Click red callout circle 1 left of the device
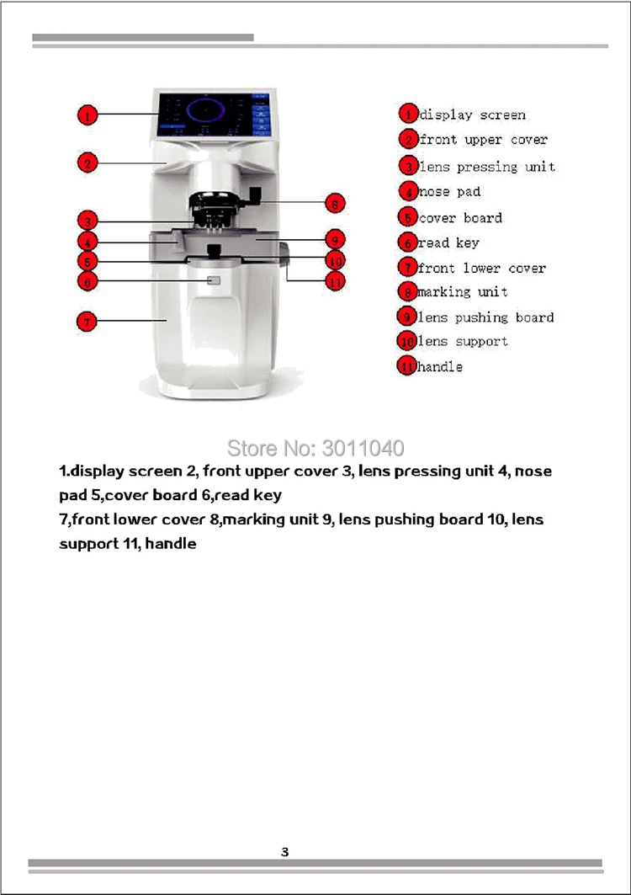(87, 115)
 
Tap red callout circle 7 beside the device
(87, 322)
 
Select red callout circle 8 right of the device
(335, 203)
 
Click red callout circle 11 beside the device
(335, 281)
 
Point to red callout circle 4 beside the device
(87, 242)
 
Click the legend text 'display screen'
(472, 115)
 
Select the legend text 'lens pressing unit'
(486, 167)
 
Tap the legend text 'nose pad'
(449, 192)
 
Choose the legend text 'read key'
(448, 242)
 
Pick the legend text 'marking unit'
(463, 292)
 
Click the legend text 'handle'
(440, 366)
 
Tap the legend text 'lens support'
(463, 341)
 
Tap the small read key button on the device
(214, 281)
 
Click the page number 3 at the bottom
(284, 852)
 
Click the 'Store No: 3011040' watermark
(315, 448)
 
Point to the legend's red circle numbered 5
(408, 217)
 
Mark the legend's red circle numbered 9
(406, 317)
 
